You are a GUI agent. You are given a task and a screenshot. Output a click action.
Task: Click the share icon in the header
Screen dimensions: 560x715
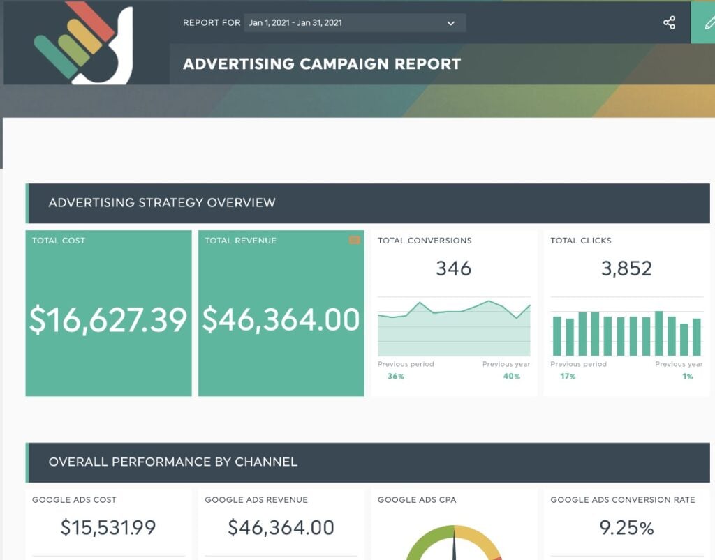tap(669, 22)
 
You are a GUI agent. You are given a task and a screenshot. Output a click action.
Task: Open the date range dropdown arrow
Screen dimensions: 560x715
tap(451, 23)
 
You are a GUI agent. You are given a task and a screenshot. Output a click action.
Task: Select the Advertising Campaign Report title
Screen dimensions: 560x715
tap(322, 64)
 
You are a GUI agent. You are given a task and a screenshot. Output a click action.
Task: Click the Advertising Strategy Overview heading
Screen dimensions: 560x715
tap(162, 203)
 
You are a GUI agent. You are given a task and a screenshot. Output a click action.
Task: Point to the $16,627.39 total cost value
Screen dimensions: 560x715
tap(108, 319)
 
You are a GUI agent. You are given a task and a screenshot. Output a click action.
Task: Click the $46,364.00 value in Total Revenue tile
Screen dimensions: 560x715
tap(281, 319)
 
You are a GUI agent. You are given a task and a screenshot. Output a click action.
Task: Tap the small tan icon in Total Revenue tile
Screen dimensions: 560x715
tap(355, 240)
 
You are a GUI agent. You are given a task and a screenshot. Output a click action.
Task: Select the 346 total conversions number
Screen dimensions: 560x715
tap(454, 268)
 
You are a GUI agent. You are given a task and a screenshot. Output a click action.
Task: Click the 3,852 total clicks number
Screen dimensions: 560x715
tap(626, 268)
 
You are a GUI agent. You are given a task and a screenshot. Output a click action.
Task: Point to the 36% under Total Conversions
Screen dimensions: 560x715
tap(396, 377)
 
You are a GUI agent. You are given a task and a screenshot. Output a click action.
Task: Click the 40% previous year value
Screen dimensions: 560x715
tap(512, 377)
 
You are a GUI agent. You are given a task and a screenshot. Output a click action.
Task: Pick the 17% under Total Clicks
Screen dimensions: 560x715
tap(568, 377)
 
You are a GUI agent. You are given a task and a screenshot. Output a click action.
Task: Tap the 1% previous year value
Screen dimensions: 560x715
tap(688, 377)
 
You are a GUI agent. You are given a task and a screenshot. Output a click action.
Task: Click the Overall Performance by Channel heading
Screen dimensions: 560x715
tap(173, 462)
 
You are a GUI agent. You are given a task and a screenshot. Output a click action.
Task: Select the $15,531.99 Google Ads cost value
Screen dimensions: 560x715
tap(108, 528)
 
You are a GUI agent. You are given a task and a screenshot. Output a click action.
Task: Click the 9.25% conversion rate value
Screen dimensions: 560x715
tap(626, 528)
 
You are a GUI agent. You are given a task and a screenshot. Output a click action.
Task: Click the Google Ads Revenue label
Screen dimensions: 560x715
tap(256, 499)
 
